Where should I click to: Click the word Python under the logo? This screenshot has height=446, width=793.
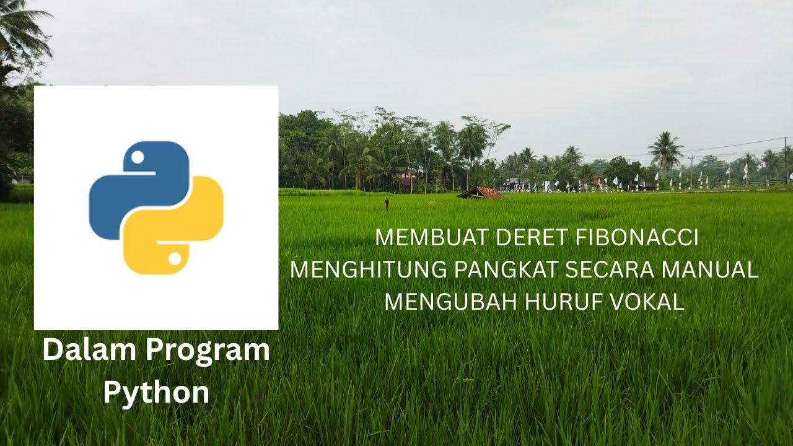(x=156, y=393)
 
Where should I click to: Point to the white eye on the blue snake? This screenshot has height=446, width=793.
(x=138, y=157)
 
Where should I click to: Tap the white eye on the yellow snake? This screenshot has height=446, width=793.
(x=174, y=258)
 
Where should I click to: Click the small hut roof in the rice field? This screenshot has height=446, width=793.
(x=481, y=193)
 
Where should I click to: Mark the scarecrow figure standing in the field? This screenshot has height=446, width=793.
(x=387, y=203)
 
